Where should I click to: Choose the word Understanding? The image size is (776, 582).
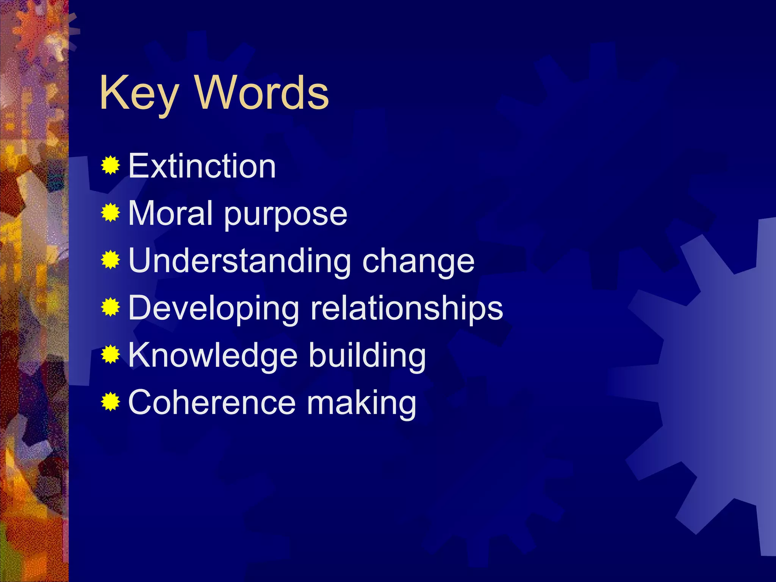(240, 261)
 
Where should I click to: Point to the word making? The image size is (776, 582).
(361, 403)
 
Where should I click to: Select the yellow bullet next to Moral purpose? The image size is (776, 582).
(111, 213)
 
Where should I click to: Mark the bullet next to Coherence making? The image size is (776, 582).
(111, 402)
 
